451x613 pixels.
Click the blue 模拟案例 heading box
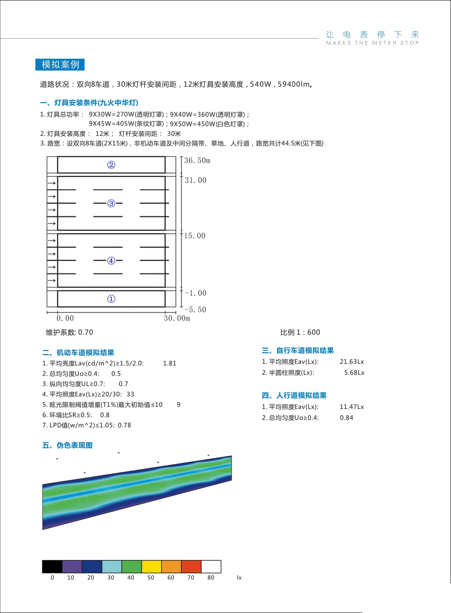60,64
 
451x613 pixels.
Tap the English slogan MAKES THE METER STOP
372,43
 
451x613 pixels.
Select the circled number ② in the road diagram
111,165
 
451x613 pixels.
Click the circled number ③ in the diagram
111,203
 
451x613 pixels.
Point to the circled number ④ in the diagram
111,261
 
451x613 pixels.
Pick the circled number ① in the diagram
111,299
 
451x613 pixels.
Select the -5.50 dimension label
195,310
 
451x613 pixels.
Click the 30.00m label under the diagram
177,318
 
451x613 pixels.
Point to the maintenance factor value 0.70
85,332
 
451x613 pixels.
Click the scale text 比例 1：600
300,332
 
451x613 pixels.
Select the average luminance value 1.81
170,363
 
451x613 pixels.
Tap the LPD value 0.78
125,425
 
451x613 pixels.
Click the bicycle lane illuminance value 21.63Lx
352,362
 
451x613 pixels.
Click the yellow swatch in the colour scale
152,567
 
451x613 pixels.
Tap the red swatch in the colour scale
191,567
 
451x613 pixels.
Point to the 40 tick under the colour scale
131,578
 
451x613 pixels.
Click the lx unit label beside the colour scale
239,578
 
